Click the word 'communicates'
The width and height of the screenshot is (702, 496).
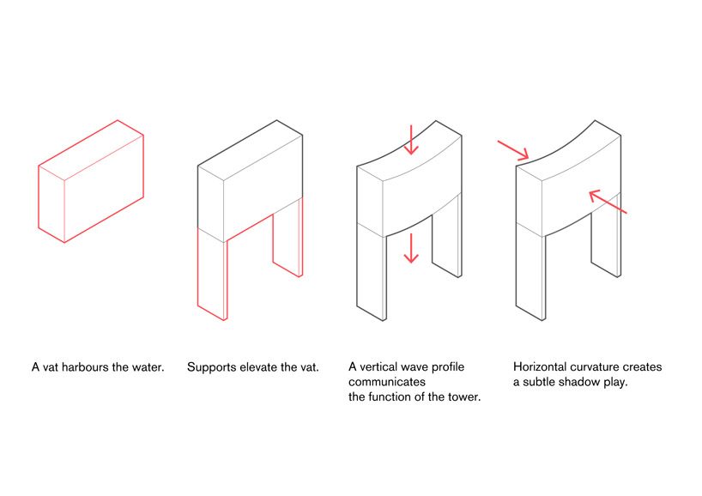[387, 382]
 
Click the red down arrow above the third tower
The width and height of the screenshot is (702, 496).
[411, 140]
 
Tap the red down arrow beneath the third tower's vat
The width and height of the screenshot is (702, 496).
[411, 247]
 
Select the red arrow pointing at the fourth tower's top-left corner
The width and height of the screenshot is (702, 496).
[513, 150]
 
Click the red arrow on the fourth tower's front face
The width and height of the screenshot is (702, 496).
[608, 202]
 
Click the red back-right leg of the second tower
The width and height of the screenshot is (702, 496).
[287, 237]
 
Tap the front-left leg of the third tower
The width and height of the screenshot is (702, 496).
[371, 274]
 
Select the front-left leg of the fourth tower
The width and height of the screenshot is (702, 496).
[530, 274]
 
